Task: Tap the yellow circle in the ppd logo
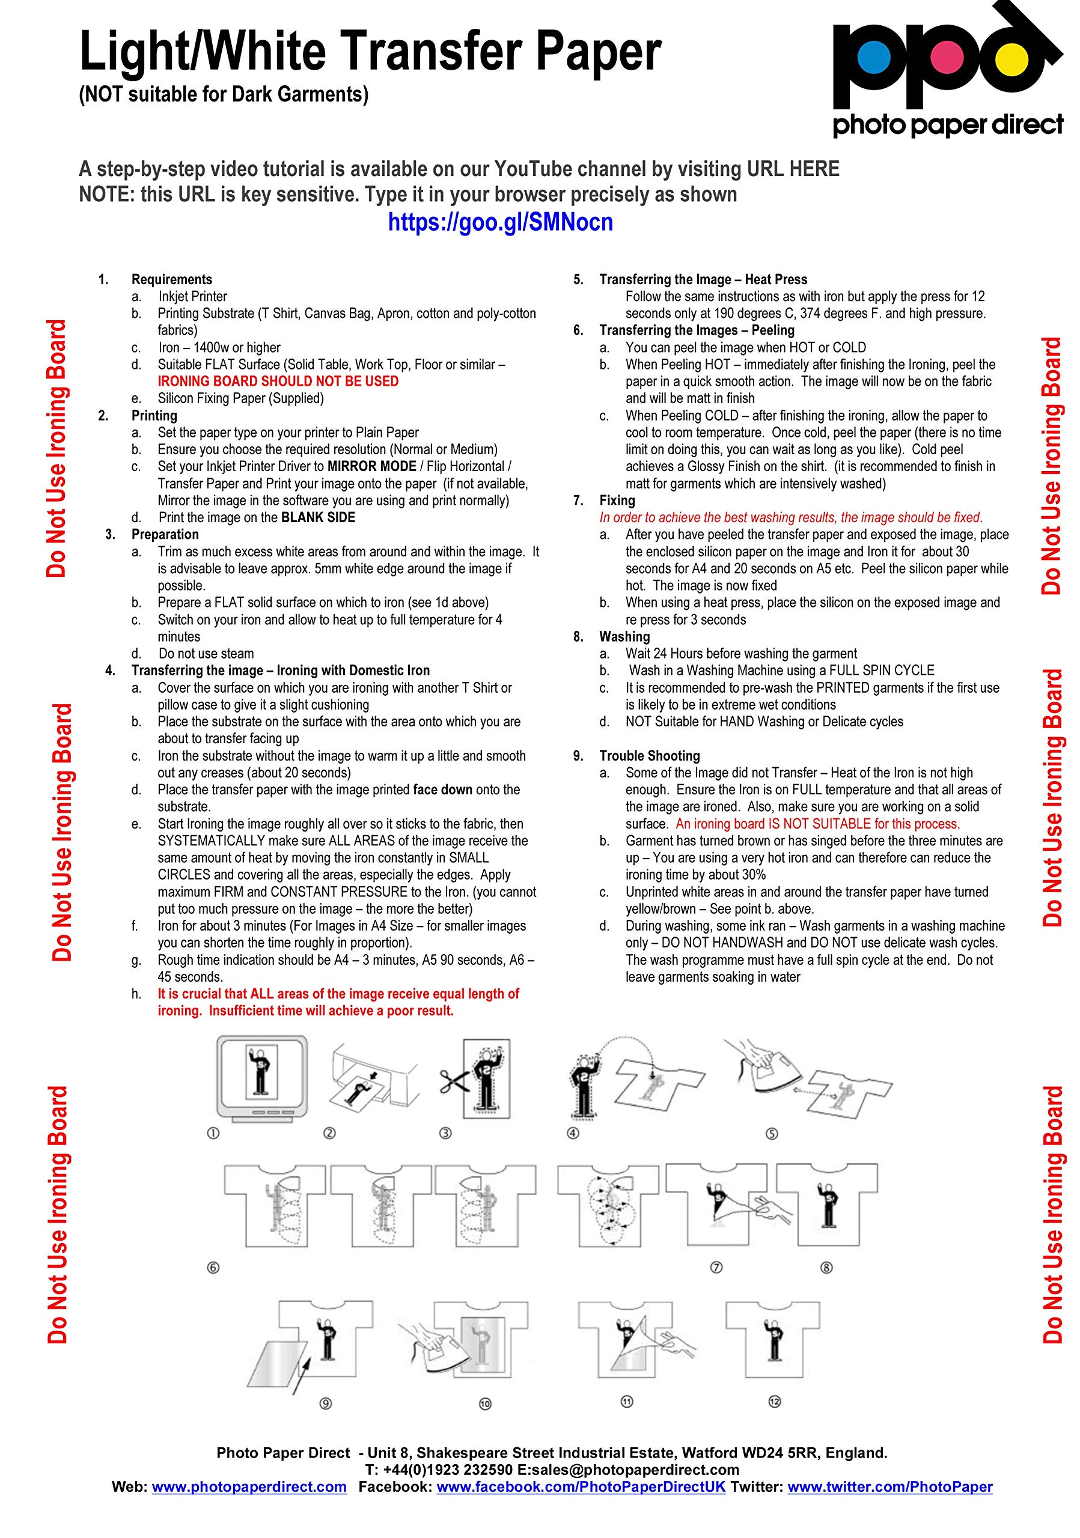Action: pos(1011,59)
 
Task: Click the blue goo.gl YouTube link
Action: pos(501,222)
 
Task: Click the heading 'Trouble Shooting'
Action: pos(649,756)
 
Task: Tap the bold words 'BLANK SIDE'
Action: pos(319,517)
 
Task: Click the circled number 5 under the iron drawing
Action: pos(772,1134)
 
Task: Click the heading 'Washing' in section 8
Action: pos(624,636)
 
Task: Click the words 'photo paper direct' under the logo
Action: pos(947,126)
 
